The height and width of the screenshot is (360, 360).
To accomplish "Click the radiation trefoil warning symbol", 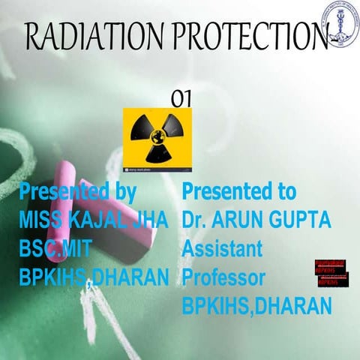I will [157, 139].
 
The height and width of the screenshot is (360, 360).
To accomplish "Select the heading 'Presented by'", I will [77, 192].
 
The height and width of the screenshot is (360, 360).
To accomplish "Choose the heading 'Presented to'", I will [239, 192].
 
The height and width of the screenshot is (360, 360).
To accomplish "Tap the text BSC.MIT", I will [53, 250].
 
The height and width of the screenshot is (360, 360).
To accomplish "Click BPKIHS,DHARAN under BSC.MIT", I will [94, 279].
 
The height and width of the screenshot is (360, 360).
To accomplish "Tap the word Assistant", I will [222, 250].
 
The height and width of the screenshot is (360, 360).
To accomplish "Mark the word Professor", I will [223, 278].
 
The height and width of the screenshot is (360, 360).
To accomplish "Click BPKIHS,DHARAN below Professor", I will [256, 307].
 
